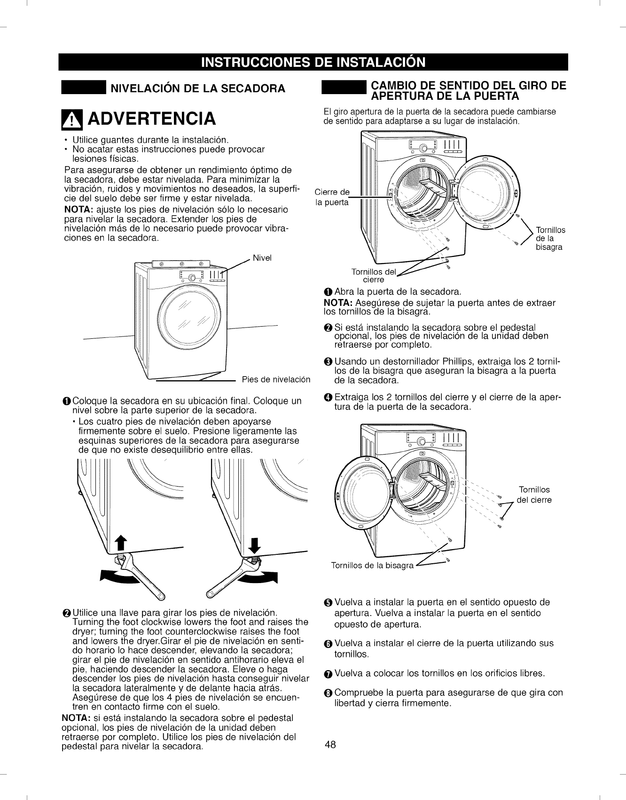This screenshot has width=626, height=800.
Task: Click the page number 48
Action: coord(330,744)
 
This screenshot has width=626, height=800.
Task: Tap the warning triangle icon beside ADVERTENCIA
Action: coord(73,118)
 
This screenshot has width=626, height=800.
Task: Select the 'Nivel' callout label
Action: coord(262,258)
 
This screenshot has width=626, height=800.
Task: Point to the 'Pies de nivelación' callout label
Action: coord(276,380)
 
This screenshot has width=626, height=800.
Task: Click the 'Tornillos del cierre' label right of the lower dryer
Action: coord(534,495)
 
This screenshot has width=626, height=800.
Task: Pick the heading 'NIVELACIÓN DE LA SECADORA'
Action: coord(197,88)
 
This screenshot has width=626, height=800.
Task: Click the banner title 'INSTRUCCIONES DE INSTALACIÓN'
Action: coord(313,62)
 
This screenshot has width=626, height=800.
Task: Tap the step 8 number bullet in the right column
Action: coord(328,693)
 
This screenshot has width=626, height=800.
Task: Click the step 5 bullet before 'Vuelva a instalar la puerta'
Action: coord(328,603)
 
